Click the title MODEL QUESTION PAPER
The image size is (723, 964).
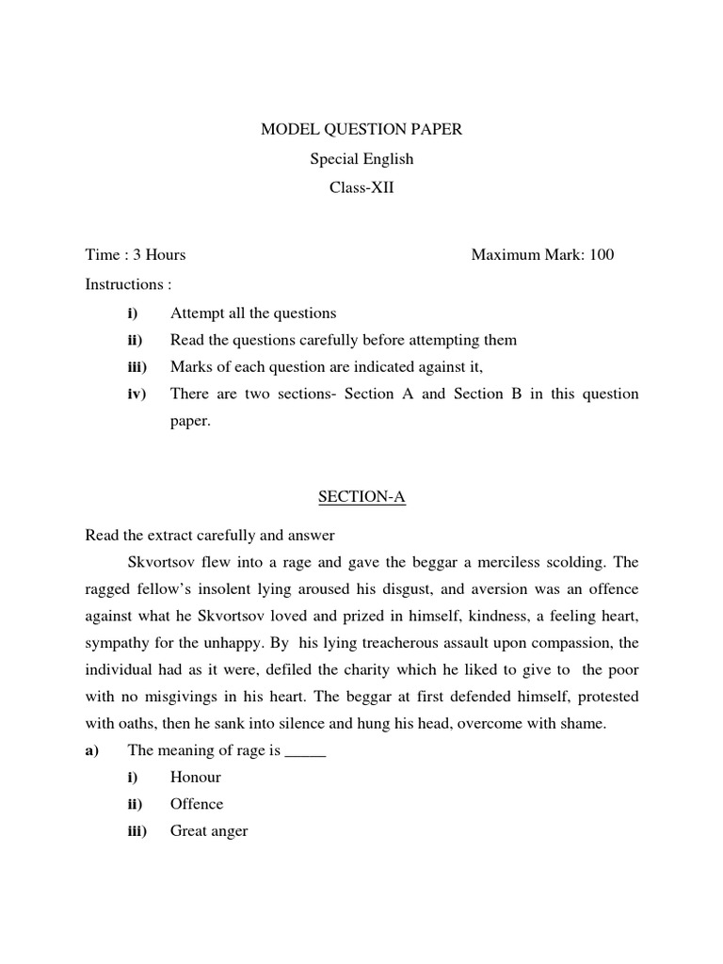tap(361, 130)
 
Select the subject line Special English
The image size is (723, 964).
tap(361, 159)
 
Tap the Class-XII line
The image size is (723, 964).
tap(361, 188)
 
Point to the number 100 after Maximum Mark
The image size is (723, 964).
tap(602, 254)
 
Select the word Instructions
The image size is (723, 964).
tap(123, 283)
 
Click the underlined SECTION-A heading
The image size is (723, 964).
tap(361, 498)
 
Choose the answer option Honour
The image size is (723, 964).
tap(196, 778)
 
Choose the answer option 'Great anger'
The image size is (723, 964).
tap(209, 831)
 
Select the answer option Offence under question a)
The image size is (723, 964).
tap(197, 804)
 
